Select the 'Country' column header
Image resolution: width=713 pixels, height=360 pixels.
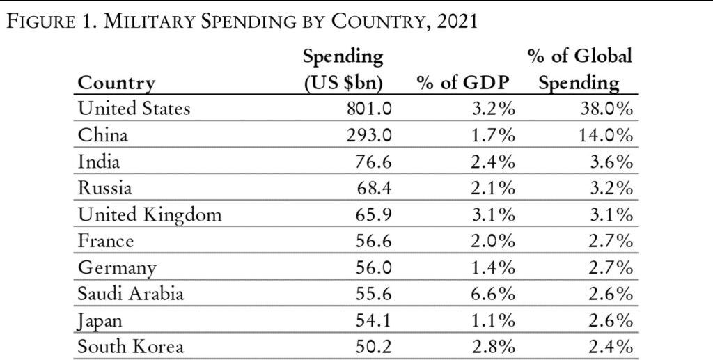tap(116, 83)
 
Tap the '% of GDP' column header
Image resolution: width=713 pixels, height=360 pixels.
tap(462, 83)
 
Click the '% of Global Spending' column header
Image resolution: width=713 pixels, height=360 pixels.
tap(580, 70)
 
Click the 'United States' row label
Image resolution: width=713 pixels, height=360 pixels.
tap(134, 109)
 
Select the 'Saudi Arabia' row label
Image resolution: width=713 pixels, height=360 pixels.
tap(131, 294)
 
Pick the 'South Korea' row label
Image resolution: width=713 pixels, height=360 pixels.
tap(129, 347)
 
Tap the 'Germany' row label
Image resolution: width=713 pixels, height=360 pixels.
tap(117, 268)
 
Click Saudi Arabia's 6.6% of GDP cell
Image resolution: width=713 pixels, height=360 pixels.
tap(492, 294)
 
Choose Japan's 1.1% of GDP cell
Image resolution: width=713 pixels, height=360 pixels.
tap(492, 320)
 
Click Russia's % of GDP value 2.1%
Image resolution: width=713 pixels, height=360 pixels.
tap(492, 189)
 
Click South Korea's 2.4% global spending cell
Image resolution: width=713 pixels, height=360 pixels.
tap(610, 347)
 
